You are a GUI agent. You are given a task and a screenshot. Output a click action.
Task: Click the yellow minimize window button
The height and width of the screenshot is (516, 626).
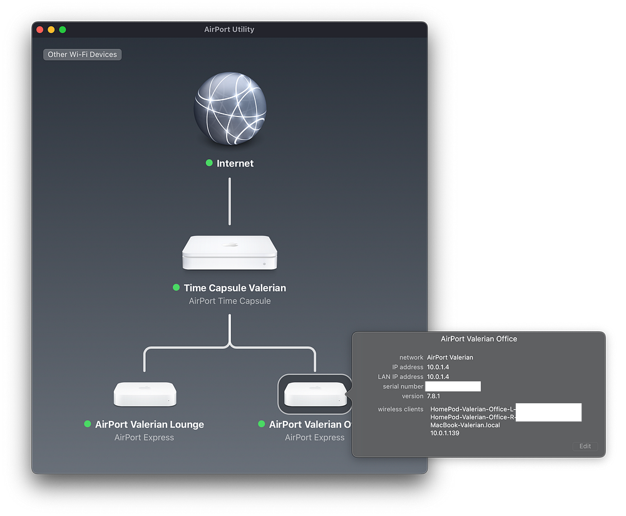51,29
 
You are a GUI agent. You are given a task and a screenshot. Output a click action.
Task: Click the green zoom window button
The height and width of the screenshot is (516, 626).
63,29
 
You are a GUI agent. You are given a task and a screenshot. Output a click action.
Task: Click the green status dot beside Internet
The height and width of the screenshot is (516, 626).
209,163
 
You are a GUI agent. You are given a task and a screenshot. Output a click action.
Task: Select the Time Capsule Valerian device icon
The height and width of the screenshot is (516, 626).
230,253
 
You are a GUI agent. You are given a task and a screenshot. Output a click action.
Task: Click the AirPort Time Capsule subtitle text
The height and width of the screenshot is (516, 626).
230,301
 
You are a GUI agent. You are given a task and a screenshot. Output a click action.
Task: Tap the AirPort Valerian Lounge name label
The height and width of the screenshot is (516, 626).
150,425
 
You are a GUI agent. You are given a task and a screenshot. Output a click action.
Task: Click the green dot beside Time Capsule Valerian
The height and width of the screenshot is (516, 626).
176,288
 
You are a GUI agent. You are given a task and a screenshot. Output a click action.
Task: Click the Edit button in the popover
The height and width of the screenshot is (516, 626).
585,446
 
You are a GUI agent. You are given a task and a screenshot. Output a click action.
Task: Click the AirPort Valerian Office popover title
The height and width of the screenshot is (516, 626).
479,339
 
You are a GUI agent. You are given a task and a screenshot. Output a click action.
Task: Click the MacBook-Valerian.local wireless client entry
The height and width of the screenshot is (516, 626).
465,425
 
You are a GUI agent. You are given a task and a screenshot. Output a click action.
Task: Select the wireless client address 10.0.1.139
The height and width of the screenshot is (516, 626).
445,433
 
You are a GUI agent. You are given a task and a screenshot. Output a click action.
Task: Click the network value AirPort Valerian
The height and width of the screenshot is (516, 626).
450,358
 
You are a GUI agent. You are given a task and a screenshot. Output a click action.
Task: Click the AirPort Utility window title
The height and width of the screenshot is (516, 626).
229,29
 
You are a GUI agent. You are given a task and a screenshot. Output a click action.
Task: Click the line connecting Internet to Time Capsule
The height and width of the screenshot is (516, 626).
230,200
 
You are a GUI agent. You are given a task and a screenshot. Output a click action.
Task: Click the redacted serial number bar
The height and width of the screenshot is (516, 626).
453,386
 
